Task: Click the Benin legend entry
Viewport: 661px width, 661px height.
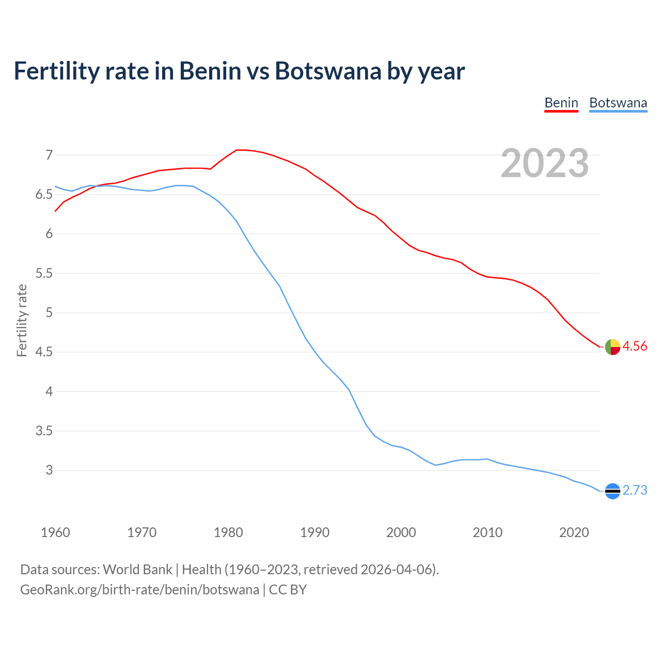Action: tap(561, 103)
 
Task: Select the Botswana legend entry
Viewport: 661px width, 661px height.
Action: tap(618, 103)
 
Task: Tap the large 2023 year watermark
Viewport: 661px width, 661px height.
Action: tap(545, 163)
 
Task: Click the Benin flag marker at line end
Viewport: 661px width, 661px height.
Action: tap(612, 347)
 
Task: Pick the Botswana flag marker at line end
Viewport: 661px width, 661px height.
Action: tap(612, 491)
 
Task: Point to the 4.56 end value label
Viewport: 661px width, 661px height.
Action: tap(635, 347)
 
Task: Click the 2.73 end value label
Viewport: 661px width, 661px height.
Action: tap(635, 491)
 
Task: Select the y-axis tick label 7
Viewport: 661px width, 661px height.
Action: tap(49, 155)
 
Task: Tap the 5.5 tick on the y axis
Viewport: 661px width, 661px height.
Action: tap(44, 273)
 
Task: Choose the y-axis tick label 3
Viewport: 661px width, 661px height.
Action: tap(49, 470)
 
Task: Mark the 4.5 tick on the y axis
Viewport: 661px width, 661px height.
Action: tap(44, 352)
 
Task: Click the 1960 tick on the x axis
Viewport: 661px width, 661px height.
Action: tap(55, 532)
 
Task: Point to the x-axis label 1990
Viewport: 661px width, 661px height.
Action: tap(314, 532)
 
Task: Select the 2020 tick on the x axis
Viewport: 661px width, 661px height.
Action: tap(574, 532)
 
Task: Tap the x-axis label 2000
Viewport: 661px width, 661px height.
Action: tap(401, 532)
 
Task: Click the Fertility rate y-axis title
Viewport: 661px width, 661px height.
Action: tap(22, 320)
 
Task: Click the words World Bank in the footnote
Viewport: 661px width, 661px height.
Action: tap(137, 570)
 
